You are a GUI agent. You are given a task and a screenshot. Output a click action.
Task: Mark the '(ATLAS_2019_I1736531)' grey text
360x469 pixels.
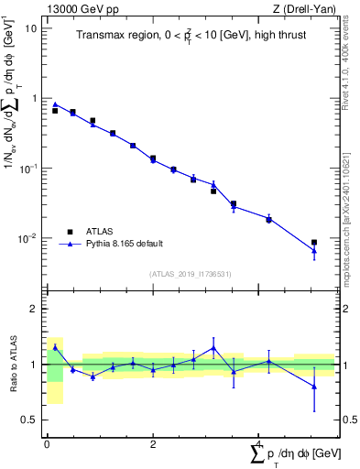(190, 274)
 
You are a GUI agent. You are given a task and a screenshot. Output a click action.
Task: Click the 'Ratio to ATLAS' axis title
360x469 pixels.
(13, 365)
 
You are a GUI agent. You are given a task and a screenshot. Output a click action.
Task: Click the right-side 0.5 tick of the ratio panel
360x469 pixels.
(350, 420)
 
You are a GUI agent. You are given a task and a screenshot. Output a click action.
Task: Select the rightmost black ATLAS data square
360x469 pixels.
(314, 243)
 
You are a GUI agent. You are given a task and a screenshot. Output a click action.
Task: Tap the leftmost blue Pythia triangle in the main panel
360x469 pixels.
(55, 104)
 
